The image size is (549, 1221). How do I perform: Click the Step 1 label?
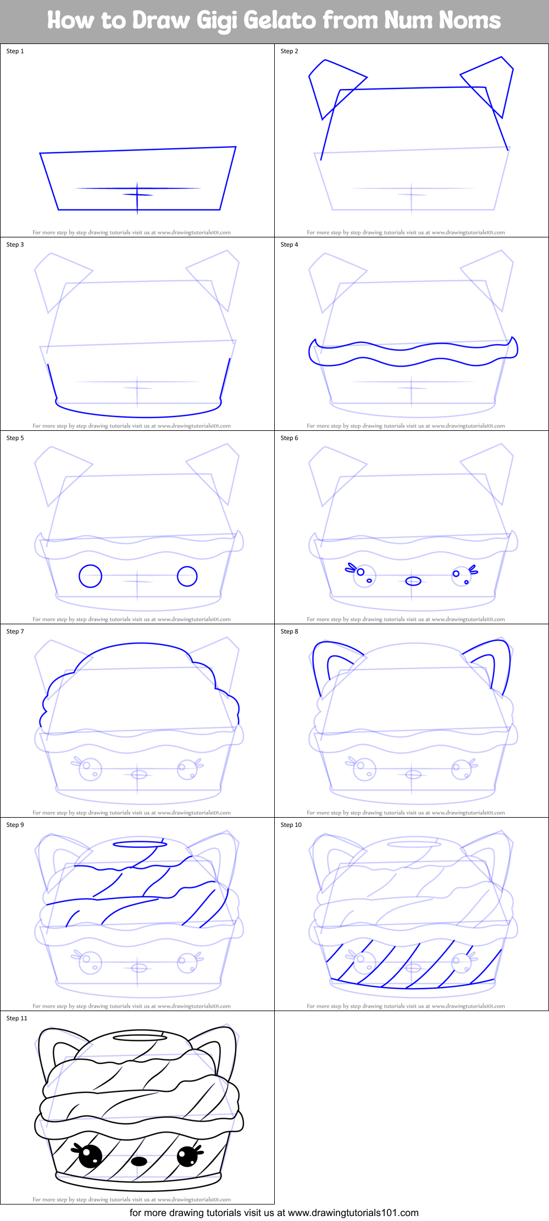point(15,51)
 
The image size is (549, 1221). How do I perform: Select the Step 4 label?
point(289,245)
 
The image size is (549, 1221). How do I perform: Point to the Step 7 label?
point(15,631)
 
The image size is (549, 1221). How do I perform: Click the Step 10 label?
point(291,825)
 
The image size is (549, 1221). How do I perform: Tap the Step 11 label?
point(16,1018)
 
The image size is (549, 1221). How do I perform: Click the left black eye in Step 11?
point(90,1156)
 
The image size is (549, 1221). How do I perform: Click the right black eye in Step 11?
point(187,1156)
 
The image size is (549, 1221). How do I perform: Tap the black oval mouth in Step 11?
point(139,1161)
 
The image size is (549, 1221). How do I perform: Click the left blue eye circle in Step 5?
point(90,576)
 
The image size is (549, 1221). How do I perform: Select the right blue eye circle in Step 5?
point(187,576)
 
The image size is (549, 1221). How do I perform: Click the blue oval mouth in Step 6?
point(413,581)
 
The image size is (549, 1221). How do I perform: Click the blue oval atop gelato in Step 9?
point(140,843)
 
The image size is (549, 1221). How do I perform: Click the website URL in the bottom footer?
point(353,1212)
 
